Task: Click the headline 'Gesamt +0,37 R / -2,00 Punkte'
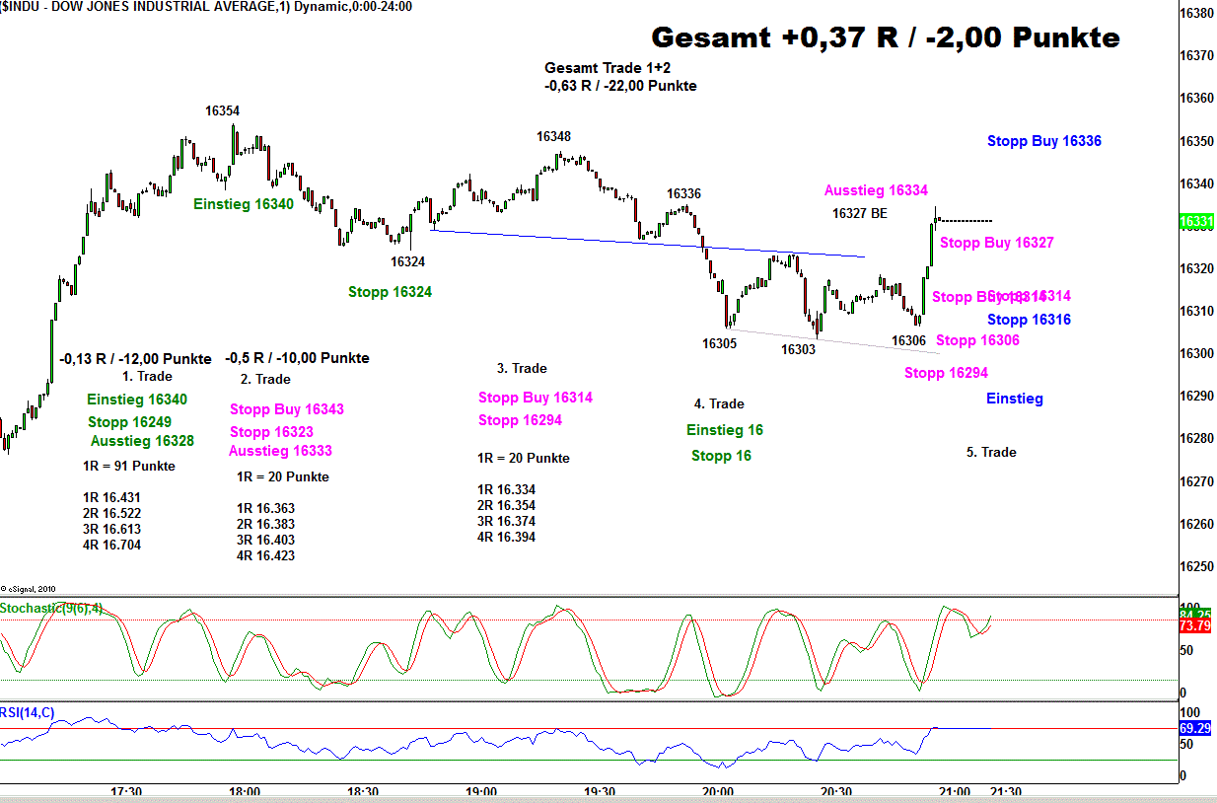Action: click(886, 38)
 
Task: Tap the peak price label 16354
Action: click(222, 111)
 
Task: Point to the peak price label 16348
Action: click(553, 137)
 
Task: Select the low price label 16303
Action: click(798, 349)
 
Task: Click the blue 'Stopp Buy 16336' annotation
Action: click(1043, 141)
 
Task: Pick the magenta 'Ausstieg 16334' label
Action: click(876, 190)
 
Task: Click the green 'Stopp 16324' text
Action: click(390, 292)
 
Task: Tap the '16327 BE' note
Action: click(859, 213)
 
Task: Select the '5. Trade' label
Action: click(990, 452)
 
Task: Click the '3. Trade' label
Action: click(521, 368)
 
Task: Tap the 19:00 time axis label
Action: click(480, 791)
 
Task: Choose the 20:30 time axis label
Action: click(835, 791)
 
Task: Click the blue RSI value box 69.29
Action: click(1195, 728)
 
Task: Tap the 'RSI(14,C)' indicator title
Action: click(28, 712)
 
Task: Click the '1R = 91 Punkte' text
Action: click(128, 466)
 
